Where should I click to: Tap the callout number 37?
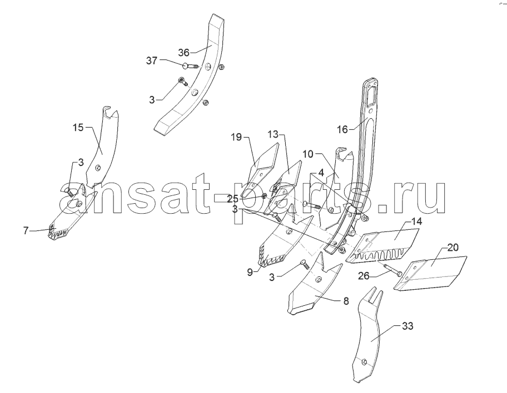click(x=151, y=61)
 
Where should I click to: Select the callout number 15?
click(x=78, y=128)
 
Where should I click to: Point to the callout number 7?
click(x=26, y=231)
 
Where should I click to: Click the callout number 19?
click(x=236, y=137)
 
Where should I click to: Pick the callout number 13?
click(x=273, y=134)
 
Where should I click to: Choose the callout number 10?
click(x=308, y=154)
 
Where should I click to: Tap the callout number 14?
click(x=417, y=221)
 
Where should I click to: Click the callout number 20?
click(x=453, y=248)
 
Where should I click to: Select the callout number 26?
click(x=364, y=275)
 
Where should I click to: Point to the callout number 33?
click(x=407, y=326)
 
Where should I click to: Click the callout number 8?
click(x=346, y=301)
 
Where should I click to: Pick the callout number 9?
click(x=250, y=272)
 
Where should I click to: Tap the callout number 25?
click(x=232, y=199)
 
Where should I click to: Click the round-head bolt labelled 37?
click(x=189, y=67)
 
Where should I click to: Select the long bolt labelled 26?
click(x=392, y=269)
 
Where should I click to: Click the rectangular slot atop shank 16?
click(x=372, y=94)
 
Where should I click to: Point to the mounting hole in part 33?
click(x=364, y=362)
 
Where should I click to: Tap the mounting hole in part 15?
click(x=98, y=168)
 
